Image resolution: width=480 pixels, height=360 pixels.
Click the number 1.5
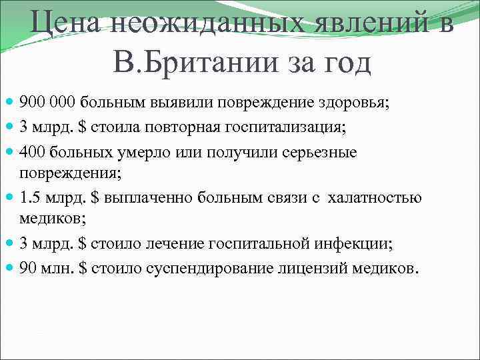tap(29, 198)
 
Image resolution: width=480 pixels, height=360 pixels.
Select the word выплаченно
tap(143, 198)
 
